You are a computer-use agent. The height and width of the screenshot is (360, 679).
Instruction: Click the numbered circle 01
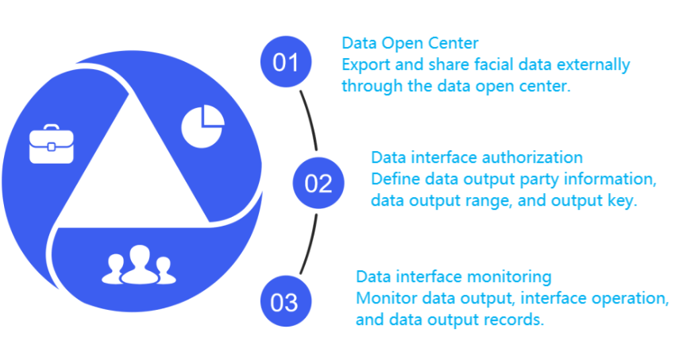[x=286, y=61]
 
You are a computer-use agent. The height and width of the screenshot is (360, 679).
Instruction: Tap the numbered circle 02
[x=318, y=183]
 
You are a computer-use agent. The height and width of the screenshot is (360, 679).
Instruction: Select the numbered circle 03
[x=286, y=301]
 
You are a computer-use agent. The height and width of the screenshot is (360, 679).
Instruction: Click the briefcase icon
[x=51, y=144]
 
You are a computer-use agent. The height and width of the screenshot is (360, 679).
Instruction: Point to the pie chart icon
[x=203, y=126]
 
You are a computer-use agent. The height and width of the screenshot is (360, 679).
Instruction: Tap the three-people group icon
[x=139, y=265]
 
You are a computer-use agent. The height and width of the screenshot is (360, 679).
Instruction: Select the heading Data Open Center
[x=410, y=43]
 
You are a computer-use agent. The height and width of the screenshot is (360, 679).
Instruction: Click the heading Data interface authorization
[x=476, y=157]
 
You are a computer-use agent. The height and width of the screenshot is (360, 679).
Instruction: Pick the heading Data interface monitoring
[x=453, y=277]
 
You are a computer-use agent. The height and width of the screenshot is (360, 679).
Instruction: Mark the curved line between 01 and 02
[x=311, y=119]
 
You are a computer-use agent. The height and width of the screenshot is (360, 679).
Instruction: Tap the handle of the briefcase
[x=51, y=127]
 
